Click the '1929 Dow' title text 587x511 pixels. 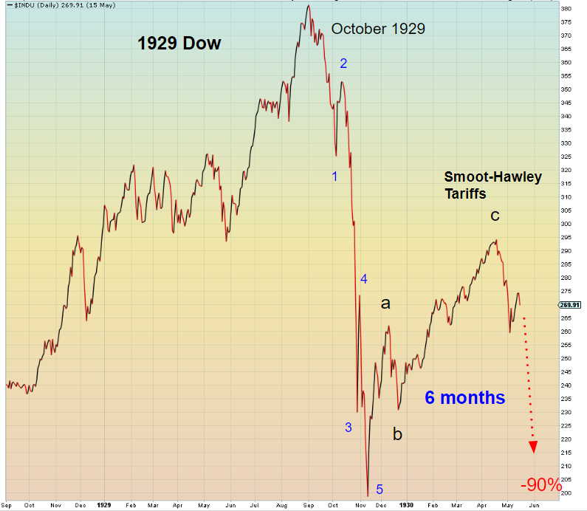tap(179, 44)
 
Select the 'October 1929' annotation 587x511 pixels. tap(378, 29)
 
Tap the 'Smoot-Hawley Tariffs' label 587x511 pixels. tap(492, 184)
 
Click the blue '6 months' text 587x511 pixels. tap(464, 397)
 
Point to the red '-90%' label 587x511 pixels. tap(541, 485)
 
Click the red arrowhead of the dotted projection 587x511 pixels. tap(533, 447)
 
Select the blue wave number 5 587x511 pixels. tap(380, 489)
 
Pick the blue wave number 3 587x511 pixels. tap(349, 428)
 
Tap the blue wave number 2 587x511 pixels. tap(343, 64)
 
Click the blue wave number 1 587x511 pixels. tap(334, 176)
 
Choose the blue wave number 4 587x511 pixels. tap(363, 278)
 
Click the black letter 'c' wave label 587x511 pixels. tap(495, 216)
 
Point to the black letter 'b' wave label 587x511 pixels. tap(397, 434)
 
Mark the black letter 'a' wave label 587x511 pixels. tap(385, 302)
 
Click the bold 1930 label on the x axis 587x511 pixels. tap(405, 506)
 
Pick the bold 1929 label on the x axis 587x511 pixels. tap(103, 506)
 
